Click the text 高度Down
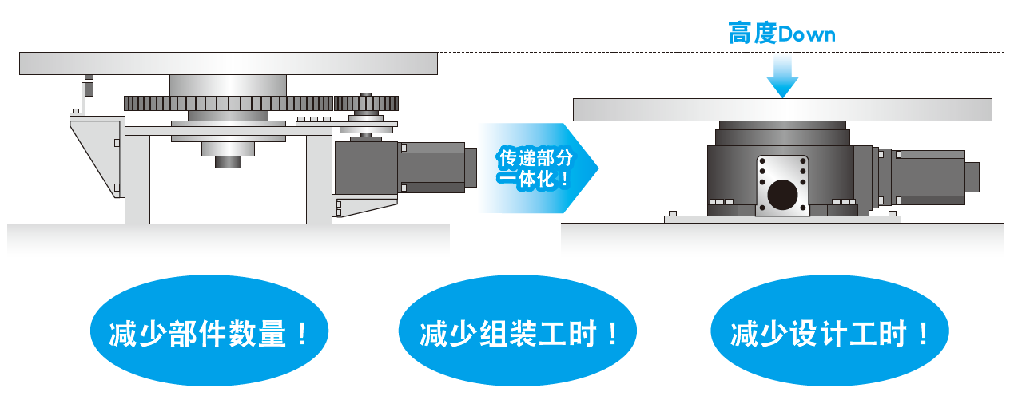pos(781,34)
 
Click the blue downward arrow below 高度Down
pos(782,77)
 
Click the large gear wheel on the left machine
pos(228,103)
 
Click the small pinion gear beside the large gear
pos(366,102)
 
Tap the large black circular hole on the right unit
pos(782,195)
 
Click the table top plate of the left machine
pos(228,63)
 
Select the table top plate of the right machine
pos(782,109)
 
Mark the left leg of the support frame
pos(137,179)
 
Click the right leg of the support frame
pos(319,179)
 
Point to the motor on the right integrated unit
pos(927,176)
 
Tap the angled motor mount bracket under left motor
pos(364,205)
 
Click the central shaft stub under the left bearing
pos(228,162)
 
